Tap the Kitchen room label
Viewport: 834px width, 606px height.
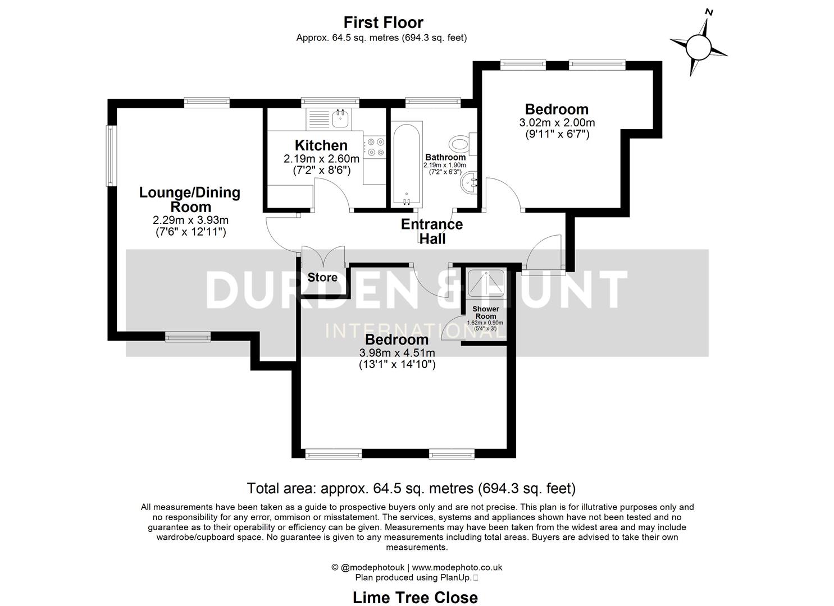click(x=321, y=145)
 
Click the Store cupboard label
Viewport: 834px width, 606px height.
click(x=322, y=277)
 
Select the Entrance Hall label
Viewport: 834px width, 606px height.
click(x=432, y=231)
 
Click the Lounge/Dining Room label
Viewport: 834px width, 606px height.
click(x=190, y=199)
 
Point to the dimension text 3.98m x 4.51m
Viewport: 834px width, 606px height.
click(x=397, y=353)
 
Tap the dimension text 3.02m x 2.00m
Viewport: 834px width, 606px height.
click(x=557, y=122)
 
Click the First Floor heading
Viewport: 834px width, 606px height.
click(x=383, y=22)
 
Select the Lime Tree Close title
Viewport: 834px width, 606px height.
click(x=415, y=598)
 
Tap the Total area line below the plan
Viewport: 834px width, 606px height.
click(x=411, y=488)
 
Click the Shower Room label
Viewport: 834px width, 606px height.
click(x=485, y=313)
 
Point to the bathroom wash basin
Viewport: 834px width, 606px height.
click(x=468, y=182)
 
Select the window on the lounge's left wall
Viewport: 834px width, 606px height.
click(x=111, y=155)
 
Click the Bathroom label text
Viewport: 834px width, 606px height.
click(x=445, y=157)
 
